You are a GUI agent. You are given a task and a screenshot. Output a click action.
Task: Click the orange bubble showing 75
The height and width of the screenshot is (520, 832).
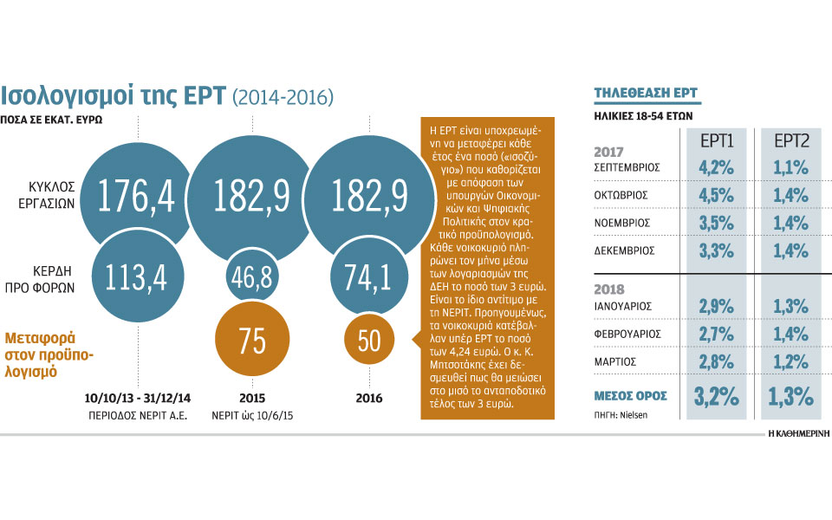click(x=251, y=341)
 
